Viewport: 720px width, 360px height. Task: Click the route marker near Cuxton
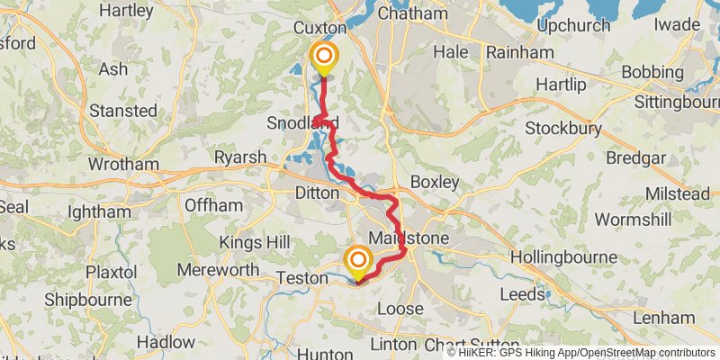pos(323,58)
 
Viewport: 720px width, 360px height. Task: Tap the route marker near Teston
pos(357,262)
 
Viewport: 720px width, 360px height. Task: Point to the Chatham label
pos(412,13)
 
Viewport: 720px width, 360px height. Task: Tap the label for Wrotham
pos(123,165)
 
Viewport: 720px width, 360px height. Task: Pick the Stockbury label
pos(564,127)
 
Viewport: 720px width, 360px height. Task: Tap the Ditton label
pos(318,193)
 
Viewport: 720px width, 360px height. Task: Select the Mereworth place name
pos(211,270)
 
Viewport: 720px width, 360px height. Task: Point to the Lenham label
pos(663,318)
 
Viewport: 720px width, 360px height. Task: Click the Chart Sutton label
pos(472,345)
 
